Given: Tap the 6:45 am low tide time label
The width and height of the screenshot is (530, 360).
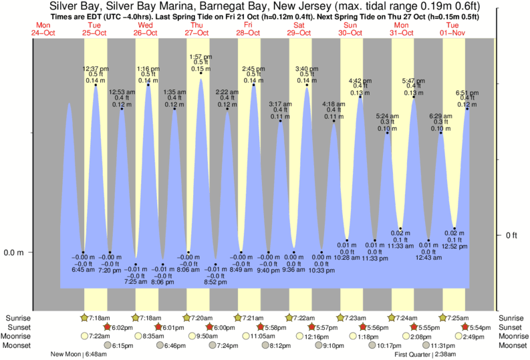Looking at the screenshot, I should [84, 269].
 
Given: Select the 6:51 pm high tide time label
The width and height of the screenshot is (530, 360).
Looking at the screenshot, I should [467, 93].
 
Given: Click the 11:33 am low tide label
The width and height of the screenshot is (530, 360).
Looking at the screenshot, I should [401, 246].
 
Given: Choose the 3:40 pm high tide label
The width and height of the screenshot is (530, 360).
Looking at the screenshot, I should [307, 69].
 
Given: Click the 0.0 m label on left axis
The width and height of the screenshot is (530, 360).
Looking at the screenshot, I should [14, 252].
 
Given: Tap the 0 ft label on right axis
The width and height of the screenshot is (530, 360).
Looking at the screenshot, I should [511, 235].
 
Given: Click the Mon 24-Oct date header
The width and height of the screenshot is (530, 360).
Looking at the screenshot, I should [41, 28].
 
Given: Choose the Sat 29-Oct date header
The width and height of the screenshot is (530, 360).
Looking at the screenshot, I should [299, 28].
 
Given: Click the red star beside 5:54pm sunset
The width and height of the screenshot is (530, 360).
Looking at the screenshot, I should [466, 327].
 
